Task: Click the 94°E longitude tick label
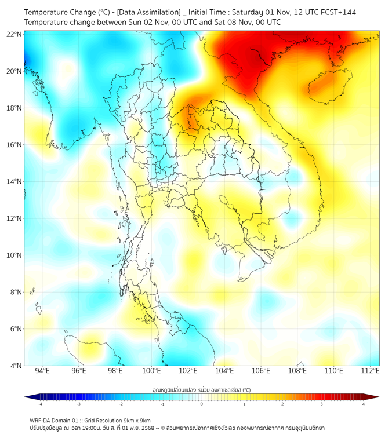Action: pyautogui.click(x=42, y=371)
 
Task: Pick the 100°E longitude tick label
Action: pyautogui.click(x=151, y=371)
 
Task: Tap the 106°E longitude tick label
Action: pyautogui.click(x=261, y=371)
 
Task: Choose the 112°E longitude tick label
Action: pyautogui.click(x=371, y=371)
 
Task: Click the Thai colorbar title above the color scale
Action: pyautogui.click(x=201, y=390)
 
